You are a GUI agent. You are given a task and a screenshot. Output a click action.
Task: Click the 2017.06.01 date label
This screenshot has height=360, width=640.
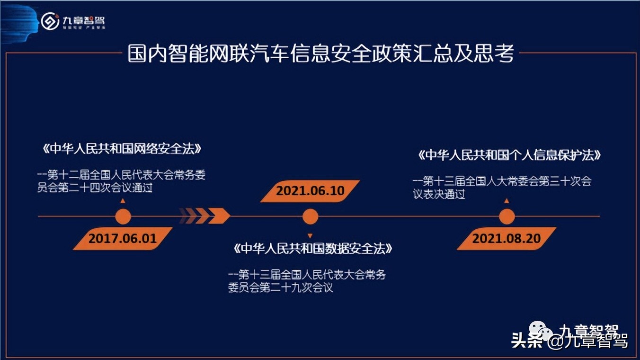123,238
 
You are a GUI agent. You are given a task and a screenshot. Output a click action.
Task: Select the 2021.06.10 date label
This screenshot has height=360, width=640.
310,191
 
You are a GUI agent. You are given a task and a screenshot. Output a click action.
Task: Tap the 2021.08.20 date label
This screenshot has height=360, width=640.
506,238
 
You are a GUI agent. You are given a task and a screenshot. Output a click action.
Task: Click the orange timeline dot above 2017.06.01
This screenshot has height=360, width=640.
123,217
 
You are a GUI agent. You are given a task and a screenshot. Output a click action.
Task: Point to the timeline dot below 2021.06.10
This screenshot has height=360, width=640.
310,217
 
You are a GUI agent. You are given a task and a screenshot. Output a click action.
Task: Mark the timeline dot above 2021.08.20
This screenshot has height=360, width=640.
507,217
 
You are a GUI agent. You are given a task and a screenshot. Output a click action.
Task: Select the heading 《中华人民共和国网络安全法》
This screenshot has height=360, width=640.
122,148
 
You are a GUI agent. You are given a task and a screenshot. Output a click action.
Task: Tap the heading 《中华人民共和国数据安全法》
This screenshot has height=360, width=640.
313,249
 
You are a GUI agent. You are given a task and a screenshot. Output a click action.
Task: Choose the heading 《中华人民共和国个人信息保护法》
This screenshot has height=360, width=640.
509,155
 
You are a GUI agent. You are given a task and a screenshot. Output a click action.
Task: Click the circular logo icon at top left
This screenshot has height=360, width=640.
50,21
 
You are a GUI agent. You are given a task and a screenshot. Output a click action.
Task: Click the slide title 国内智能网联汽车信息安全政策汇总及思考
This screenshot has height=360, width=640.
320,54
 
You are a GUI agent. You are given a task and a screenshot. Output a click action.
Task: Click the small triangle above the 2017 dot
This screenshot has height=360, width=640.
123,201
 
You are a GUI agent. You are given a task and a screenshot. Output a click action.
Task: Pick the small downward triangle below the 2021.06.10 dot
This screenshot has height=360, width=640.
310,235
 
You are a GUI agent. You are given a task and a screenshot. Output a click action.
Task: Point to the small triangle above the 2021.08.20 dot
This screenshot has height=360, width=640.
507,201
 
